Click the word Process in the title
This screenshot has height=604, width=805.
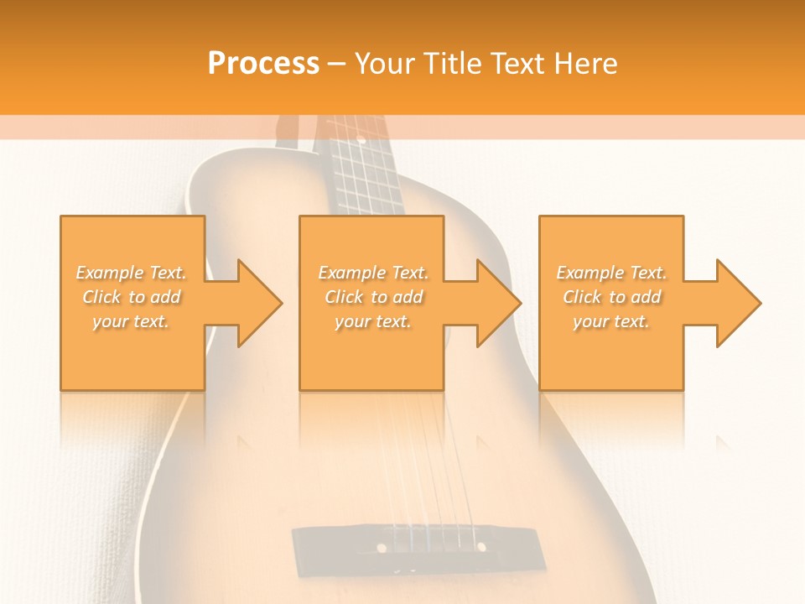pos(263,64)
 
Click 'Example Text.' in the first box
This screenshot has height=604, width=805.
pos(132,273)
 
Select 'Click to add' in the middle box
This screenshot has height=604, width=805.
pos(373,297)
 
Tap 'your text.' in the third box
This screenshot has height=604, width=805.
pos(611,321)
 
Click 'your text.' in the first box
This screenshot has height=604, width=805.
pos(132,321)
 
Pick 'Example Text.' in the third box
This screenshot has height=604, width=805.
pos(611,273)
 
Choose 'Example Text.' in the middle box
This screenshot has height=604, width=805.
pos(373,273)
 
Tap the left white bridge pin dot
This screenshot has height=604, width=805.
pos(382,548)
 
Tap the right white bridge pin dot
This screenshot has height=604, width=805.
pos(482,547)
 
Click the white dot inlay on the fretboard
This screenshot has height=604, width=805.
pos(361,138)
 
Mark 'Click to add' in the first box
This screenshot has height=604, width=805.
pos(132,297)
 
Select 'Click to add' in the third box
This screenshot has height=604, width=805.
pos(611,297)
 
